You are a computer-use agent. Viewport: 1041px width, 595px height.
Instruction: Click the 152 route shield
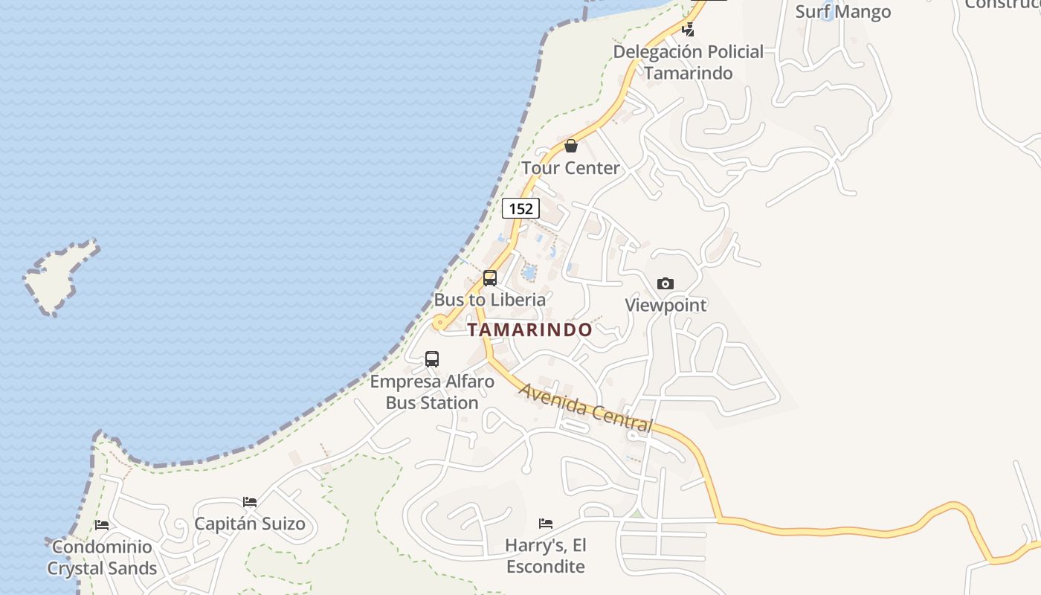pos(520,208)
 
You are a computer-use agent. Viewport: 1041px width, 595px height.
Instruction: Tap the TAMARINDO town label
pos(530,329)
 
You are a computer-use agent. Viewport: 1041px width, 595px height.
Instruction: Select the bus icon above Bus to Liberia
pos(490,278)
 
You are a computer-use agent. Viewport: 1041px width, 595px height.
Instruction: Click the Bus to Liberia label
pos(490,300)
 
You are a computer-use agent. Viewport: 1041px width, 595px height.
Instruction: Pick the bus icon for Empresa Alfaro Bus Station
pos(432,359)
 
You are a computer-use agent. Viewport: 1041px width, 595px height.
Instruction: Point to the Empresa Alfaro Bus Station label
pos(432,392)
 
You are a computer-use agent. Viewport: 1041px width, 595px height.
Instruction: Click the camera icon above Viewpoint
pos(665,283)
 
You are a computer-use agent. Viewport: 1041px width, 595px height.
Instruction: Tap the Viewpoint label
pos(665,305)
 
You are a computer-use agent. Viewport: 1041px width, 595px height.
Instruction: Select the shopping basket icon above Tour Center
pos(570,146)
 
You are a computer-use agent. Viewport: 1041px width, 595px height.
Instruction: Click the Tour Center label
pos(570,168)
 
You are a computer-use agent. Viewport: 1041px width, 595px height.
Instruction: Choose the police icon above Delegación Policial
pos(689,30)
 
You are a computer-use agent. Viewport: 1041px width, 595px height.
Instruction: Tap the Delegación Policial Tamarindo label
pos(689,62)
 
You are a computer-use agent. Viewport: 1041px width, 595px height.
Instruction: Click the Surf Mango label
pos(843,12)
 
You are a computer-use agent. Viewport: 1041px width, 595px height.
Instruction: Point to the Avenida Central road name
pos(585,408)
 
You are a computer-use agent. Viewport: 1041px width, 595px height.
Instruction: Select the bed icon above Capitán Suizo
pos(250,502)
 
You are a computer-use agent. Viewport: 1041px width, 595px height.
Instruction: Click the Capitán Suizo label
pos(250,524)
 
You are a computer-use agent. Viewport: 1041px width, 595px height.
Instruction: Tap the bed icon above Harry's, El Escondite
pos(546,524)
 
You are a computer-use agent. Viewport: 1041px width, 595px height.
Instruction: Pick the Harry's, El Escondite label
pos(546,556)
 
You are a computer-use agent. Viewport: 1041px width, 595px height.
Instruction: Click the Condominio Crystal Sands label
pos(102,558)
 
